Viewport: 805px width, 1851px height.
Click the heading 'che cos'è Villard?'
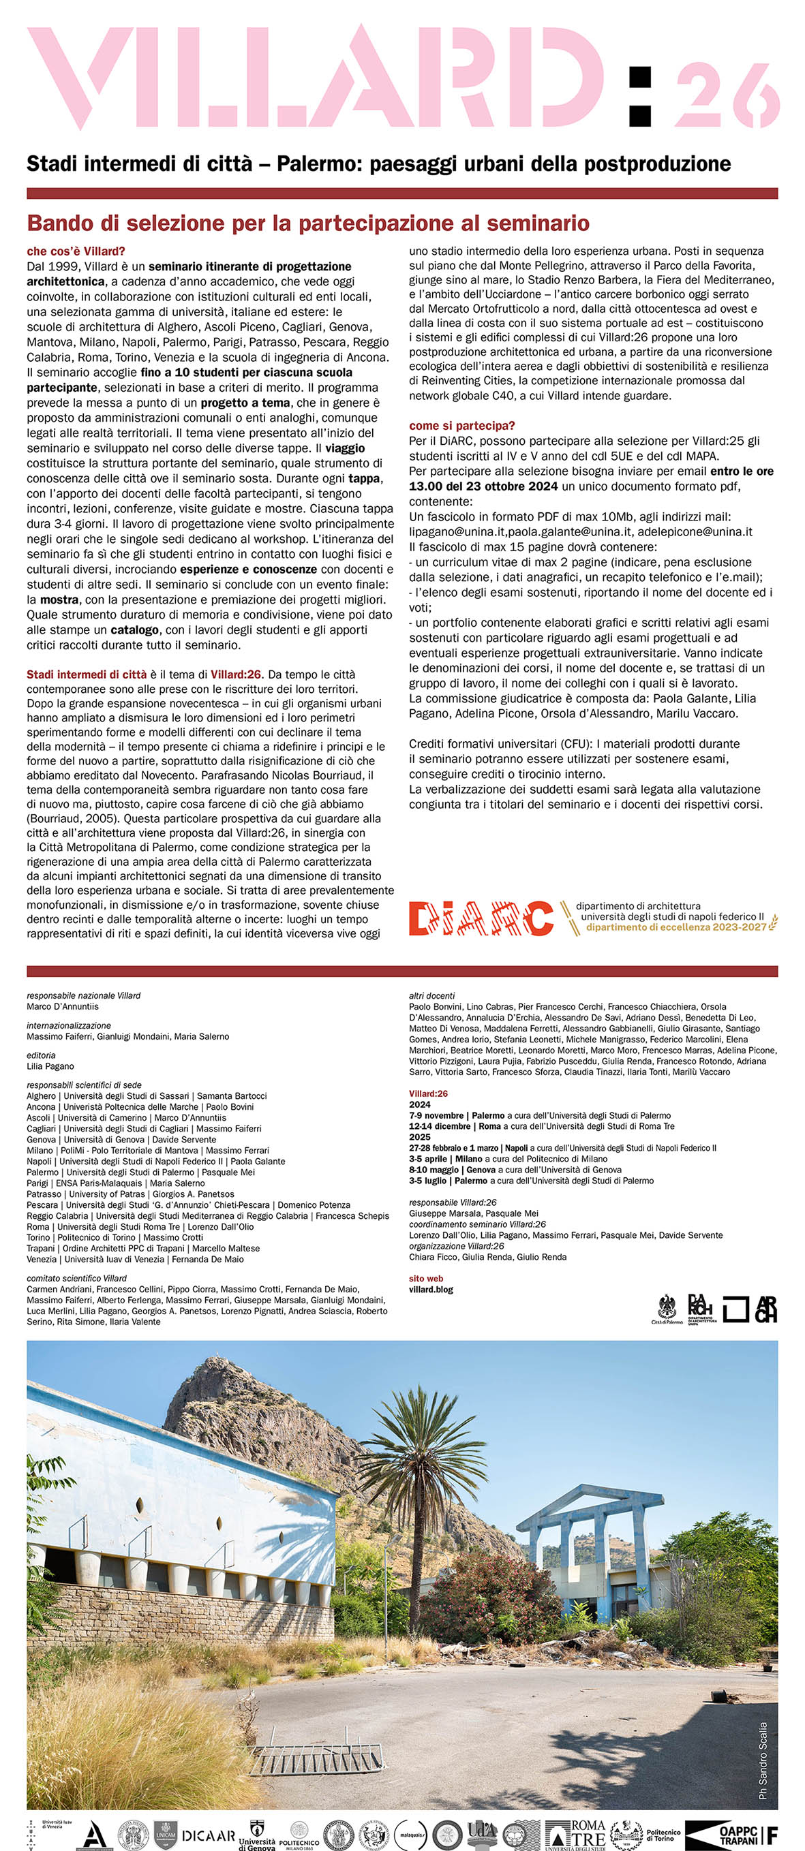(76, 251)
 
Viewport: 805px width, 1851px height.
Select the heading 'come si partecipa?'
(461, 426)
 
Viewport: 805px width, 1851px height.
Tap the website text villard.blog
(431, 1289)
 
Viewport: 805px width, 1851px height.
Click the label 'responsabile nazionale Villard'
(83, 996)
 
